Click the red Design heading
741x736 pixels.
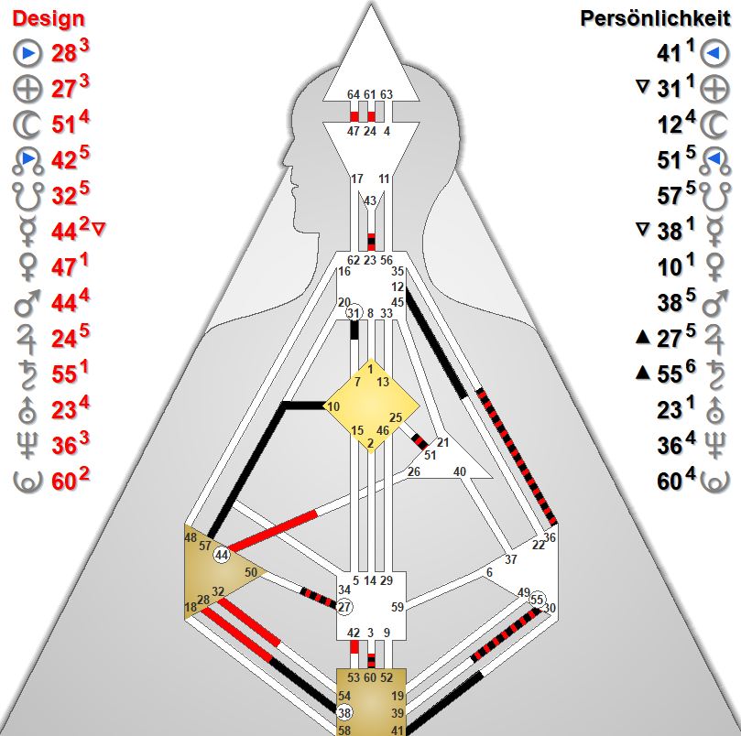click(x=48, y=18)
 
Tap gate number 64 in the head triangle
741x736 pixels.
click(x=354, y=94)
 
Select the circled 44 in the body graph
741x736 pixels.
click(x=222, y=556)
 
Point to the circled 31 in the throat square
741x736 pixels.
click(x=354, y=313)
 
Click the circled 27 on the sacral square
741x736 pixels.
click(x=344, y=607)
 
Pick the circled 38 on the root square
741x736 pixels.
click(x=344, y=713)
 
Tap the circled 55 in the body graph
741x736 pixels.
click(x=537, y=599)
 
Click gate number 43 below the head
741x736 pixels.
click(x=370, y=201)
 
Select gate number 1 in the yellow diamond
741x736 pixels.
click(x=370, y=368)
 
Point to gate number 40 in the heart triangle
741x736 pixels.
click(x=460, y=471)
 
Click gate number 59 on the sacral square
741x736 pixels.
click(x=398, y=606)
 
